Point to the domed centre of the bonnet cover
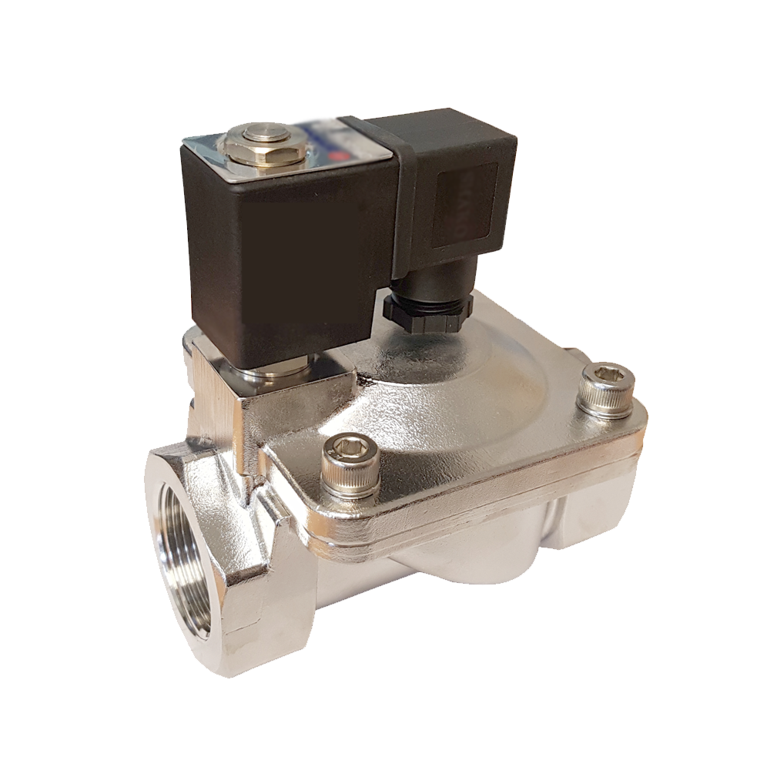pyautogui.click(x=439, y=385)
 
